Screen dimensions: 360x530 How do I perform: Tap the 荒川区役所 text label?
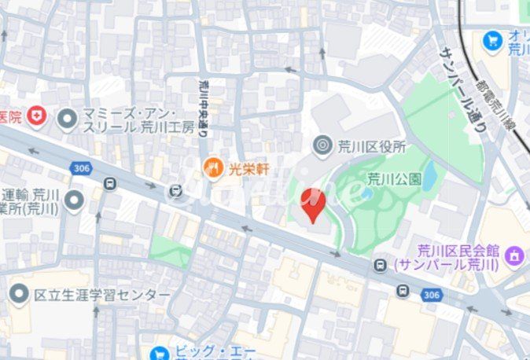click(x=371, y=145)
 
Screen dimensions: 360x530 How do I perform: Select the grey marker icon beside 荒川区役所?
click(x=322, y=145)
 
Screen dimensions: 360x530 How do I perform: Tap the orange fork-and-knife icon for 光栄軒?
click(x=213, y=167)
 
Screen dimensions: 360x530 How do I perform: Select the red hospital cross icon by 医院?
click(x=36, y=117)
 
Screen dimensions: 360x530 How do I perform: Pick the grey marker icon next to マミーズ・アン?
click(x=68, y=119)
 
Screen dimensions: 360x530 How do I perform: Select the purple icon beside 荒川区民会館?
click(x=514, y=255)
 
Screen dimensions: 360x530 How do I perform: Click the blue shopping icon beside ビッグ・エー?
click(x=160, y=354)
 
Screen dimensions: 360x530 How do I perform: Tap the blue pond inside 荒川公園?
click(x=429, y=179)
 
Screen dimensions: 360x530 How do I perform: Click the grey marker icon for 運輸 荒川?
click(x=74, y=200)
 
